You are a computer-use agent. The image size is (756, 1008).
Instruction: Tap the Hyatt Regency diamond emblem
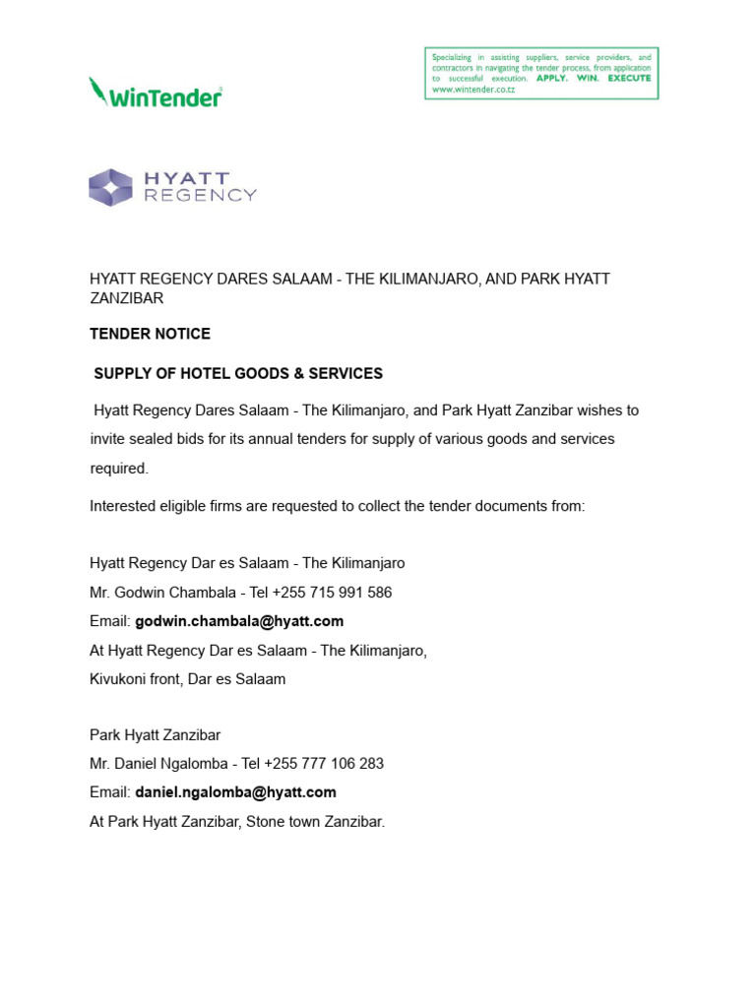pyautogui.click(x=110, y=187)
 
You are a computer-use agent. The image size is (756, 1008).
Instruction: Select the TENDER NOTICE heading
pyautogui.click(x=150, y=334)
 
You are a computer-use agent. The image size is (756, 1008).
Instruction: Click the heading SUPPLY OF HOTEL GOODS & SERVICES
pyautogui.click(x=238, y=374)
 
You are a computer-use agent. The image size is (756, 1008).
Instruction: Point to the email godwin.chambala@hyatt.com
pyautogui.click(x=239, y=621)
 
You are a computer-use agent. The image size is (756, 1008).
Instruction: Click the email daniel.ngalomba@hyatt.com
pyautogui.click(x=235, y=792)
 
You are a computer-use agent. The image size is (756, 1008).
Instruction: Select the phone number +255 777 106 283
pyautogui.click(x=324, y=764)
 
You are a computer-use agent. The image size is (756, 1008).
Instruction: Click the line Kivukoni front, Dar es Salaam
pyautogui.click(x=187, y=679)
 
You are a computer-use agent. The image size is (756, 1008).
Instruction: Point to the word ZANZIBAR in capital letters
pyautogui.click(x=126, y=297)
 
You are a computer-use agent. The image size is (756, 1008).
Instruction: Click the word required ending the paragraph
pyautogui.click(x=118, y=469)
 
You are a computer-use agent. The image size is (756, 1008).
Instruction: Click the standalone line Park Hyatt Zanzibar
pyautogui.click(x=155, y=735)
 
